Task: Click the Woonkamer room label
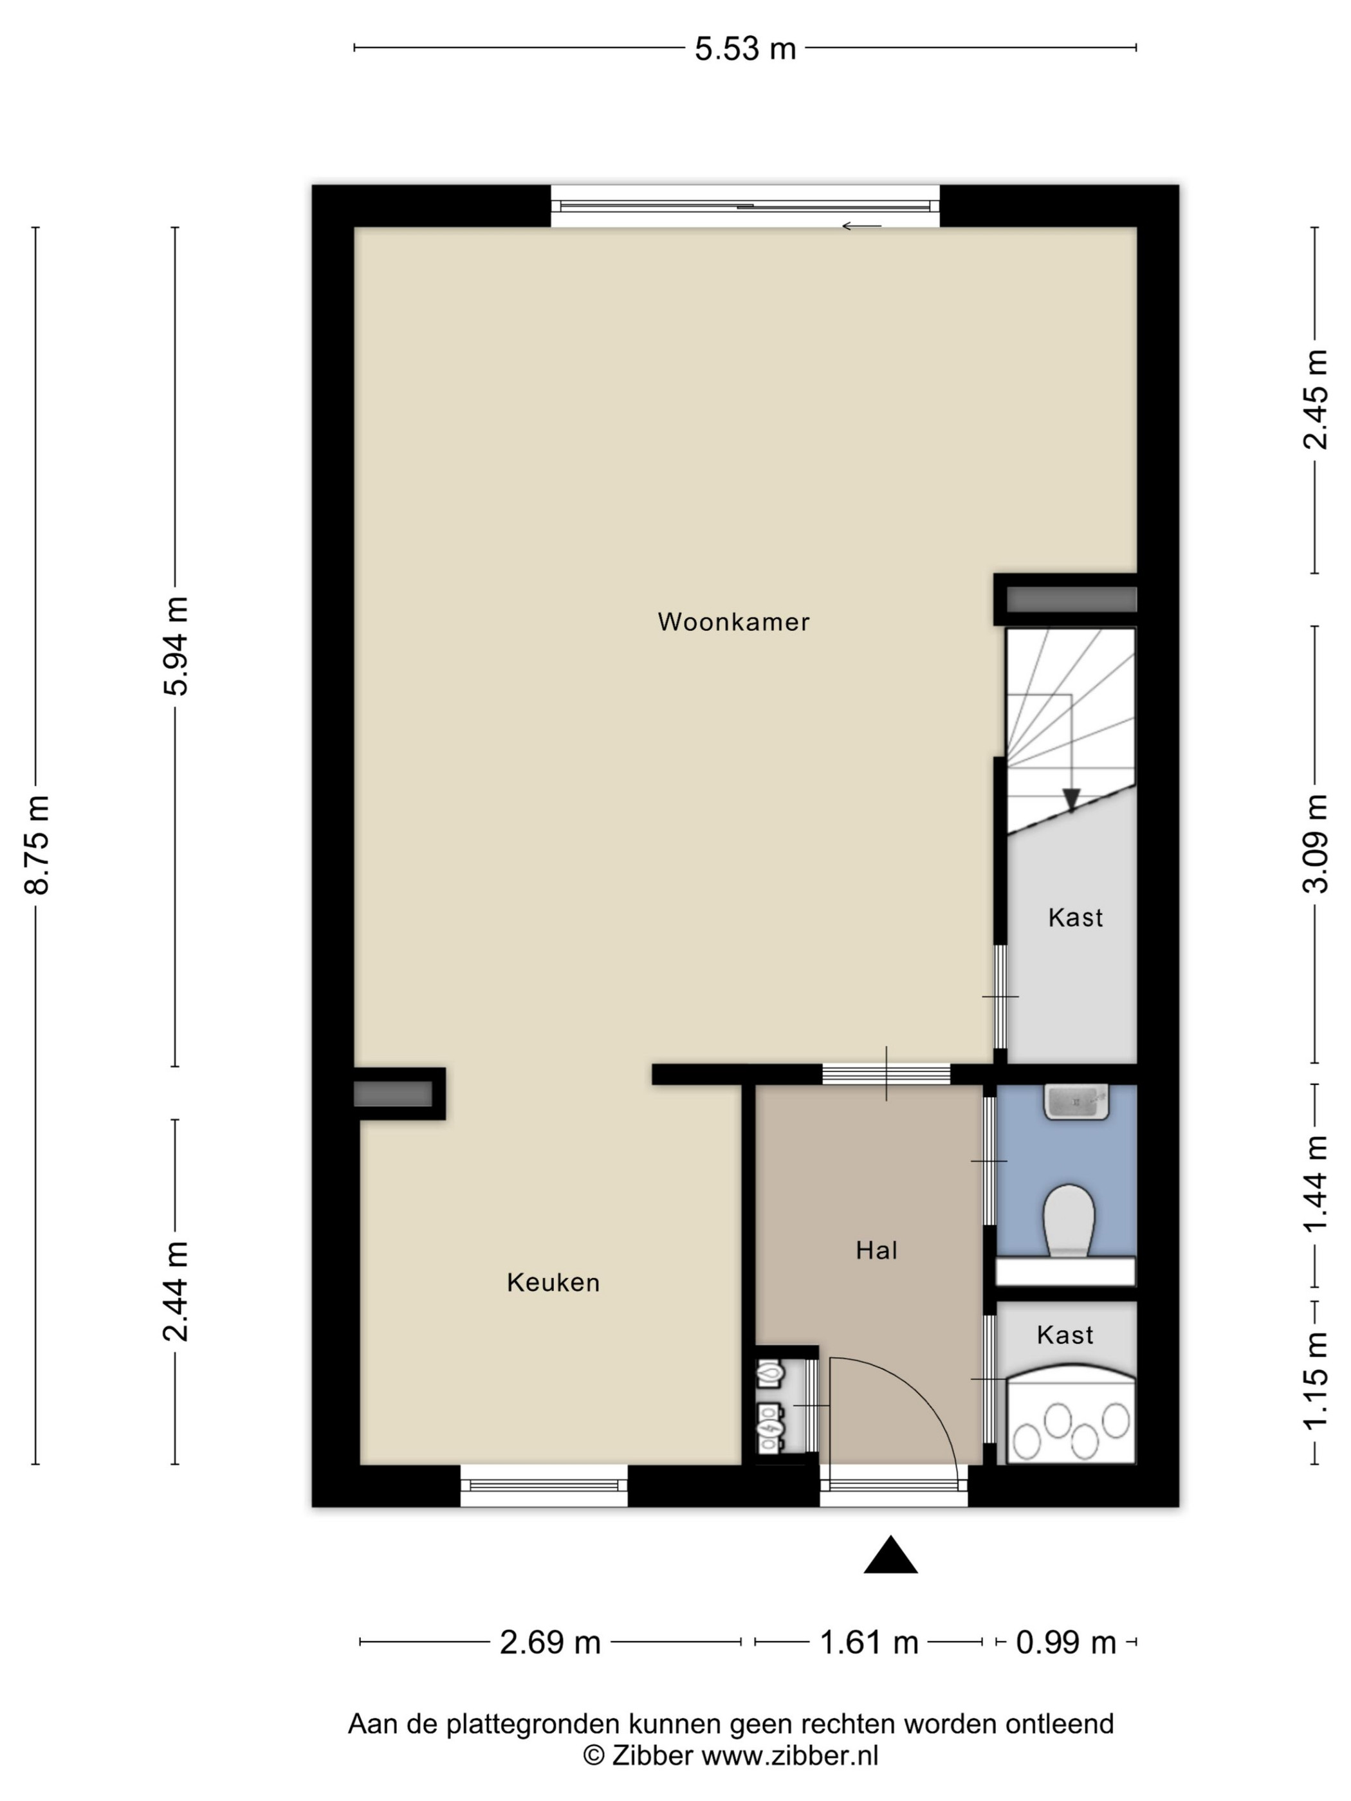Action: [733, 622]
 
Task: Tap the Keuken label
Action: [553, 1283]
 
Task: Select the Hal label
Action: [876, 1250]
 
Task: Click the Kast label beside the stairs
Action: [1075, 918]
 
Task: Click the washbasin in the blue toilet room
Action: [1076, 1102]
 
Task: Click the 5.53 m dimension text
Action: [745, 49]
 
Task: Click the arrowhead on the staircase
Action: [1071, 800]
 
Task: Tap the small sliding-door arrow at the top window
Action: [861, 226]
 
